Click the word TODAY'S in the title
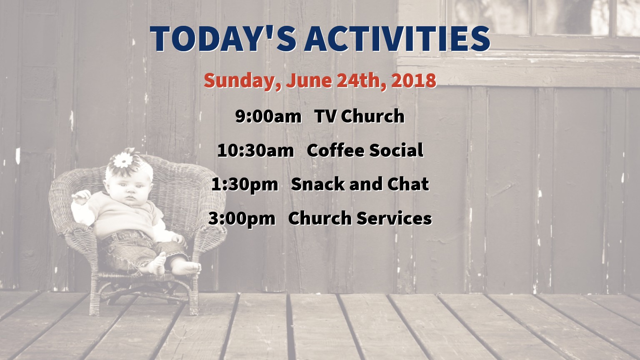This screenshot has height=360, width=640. (x=223, y=39)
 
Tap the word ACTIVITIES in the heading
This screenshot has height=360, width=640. (x=397, y=39)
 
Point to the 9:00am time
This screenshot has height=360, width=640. (x=268, y=116)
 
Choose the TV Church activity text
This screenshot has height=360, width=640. (x=360, y=116)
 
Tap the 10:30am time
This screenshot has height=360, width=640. (x=255, y=150)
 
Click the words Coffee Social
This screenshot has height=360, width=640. (x=365, y=150)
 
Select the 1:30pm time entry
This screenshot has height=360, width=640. (x=245, y=185)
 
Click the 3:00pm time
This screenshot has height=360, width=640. (x=242, y=219)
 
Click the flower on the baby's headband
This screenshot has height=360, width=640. (x=123, y=160)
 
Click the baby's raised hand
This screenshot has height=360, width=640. (x=81, y=197)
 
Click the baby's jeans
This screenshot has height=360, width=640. (x=137, y=249)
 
